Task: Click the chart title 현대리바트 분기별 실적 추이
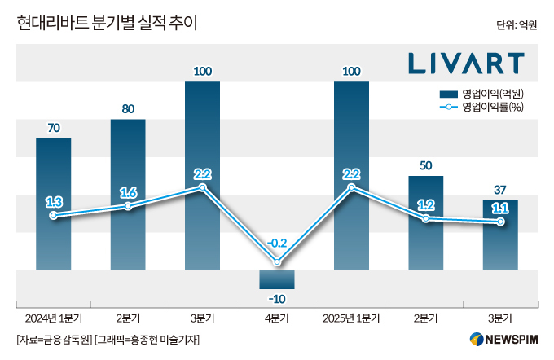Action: tap(107, 24)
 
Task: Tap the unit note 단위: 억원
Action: tap(516, 25)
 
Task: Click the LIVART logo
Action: tap(466, 63)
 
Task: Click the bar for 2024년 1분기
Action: tap(54, 204)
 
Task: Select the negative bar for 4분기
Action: tap(277, 279)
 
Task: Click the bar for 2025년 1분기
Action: tap(351, 175)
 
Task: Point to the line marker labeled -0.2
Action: tap(278, 261)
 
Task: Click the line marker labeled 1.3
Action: tap(54, 216)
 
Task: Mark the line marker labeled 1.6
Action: tap(128, 206)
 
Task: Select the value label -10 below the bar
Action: tap(277, 299)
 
